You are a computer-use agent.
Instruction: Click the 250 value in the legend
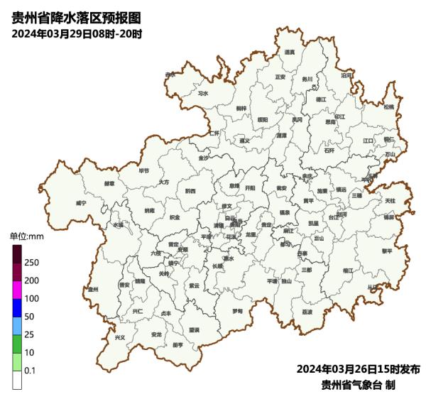pyautogui.click(x=32, y=263)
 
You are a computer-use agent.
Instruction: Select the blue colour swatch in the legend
pyautogui.click(x=17, y=307)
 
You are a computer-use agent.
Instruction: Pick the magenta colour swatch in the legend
pyautogui.click(x=17, y=290)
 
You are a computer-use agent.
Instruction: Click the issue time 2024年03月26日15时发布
pyautogui.click(x=358, y=369)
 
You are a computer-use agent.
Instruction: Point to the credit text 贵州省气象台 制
pyautogui.click(x=358, y=385)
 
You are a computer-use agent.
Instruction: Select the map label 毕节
pyautogui.click(x=144, y=170)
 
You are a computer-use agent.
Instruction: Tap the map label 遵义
pyautogui.click(x=245, y=140)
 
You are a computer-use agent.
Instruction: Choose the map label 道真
pyautogui.click(x=289, y=52)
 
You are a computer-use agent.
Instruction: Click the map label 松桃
pyautogui.click(x=388, y=106)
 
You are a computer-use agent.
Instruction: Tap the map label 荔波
pyautogui.click(x=307, y=311)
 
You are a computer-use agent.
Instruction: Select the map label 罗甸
pyautogui.click(x=238, y=311)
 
